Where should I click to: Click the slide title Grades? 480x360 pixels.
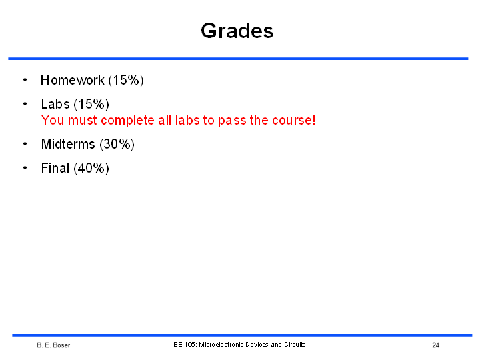237,31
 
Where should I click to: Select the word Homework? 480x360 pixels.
73,80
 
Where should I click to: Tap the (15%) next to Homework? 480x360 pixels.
126,81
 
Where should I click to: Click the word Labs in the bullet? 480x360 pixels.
55,104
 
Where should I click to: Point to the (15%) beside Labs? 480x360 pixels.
91,105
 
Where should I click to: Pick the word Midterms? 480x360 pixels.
68,144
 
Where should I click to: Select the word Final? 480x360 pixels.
55,168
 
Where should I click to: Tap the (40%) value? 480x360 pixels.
91,169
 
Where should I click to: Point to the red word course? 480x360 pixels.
294,120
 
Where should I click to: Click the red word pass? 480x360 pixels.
232,121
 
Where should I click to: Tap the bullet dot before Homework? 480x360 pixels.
25,80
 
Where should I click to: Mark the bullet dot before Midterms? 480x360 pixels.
25,143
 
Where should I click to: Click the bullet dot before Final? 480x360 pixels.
25,168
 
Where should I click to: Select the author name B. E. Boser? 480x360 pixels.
53,345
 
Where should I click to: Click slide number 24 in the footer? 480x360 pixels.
436,345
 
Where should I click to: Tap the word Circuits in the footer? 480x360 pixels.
295,345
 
